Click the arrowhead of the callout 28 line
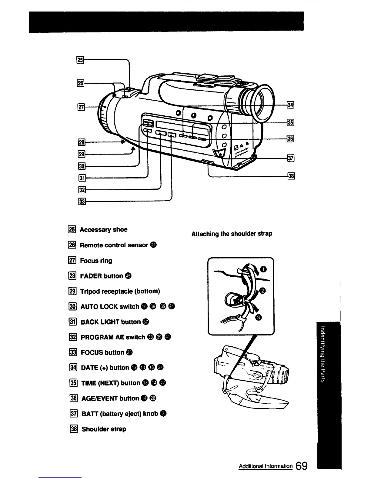click(123, 142)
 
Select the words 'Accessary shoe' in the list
click(103, 230)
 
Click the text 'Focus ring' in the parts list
click(96, 261)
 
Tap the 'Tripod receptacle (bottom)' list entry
click(120, 292)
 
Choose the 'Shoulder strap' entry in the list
click(104, 429)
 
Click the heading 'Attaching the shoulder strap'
click(232, 234)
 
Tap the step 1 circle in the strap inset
click(264, 269)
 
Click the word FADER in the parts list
click(91, 276)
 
